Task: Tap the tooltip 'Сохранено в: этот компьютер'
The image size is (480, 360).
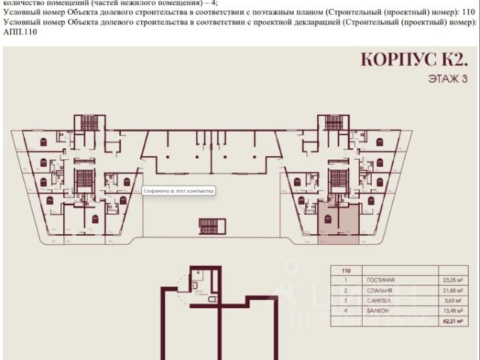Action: tap(178, 191)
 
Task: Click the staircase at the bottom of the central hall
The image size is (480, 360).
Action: tap(211, 225)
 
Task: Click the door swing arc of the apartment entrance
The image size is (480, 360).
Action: tap(185, 283)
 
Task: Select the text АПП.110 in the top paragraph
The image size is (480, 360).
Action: tap(19, 32)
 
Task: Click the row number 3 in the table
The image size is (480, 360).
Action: tap(346, 301)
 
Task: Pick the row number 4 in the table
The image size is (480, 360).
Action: tap(346, 313)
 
